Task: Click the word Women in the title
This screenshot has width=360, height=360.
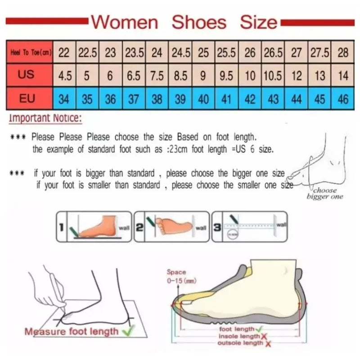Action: pyautogui.click(x=125, y=22)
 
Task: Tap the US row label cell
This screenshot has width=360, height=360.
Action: pyautogui.click(x=26, y=74)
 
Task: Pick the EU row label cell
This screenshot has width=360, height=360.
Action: pyautogui.click(x=26, y=98)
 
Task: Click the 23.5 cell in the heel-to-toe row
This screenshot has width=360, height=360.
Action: pyautogui.click(x=134, y=53)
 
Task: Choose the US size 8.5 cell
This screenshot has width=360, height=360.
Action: pyautogui.click(x=180, y=75)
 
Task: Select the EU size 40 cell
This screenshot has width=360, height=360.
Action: pyautogui.click(x=203, y=99)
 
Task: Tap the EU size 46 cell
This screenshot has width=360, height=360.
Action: pyautogui.click(x=343, y=99)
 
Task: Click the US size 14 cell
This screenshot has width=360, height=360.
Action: pyautogui.click(x=343, y=75)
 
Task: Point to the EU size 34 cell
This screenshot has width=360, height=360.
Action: pyautogui.click(x=64, y=99)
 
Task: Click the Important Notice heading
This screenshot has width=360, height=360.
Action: pyautogui.click(x=45, y=119)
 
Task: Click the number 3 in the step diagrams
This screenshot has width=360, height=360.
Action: pyautogui.click(x=217, y=228)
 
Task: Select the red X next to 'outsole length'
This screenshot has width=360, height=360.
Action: pyautogui.click(x=268, y=344)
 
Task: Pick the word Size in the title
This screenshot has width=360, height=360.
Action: pyautogui.click(x=258, y=22)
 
